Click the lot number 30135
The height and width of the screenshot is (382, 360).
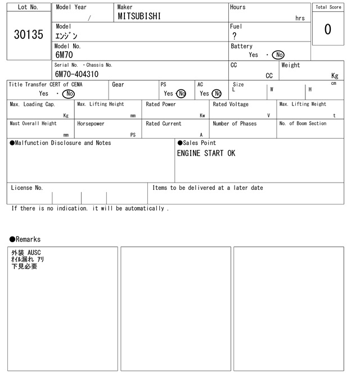tap(29, 35)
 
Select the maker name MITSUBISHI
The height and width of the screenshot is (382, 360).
tap(139, 17)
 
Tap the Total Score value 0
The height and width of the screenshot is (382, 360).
tap(327, 29)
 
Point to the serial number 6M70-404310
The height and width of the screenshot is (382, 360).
tap(77, 74)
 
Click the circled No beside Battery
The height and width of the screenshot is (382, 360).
tap(277, 55)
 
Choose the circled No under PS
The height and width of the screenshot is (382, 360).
tap(181, 94)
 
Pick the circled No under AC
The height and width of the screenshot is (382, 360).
tap(217, 94)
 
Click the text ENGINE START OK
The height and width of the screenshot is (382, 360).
tap(206, 153)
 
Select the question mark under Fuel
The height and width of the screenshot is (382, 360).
tap(235, 36)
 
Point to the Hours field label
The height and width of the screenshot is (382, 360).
tap(238, 7)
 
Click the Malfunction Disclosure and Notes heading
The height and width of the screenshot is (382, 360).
tap(60, 143)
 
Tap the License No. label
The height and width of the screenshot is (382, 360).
tap(27, 188)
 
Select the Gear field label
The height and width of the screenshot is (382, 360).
tap(118, 84)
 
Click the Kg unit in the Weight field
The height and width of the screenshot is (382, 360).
tap(335, 75)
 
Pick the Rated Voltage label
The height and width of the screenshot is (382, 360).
tap(231, 104)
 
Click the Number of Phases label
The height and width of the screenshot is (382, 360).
tap(235, 124)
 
